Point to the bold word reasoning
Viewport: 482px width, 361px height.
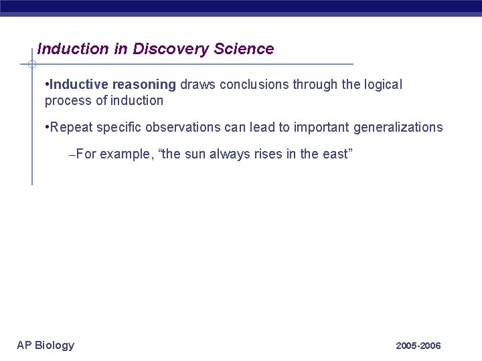(145, 86)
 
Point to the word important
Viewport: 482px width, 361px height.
(323, 127)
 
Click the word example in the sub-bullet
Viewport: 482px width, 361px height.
(125, 154)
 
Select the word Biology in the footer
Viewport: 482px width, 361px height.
(54, 346)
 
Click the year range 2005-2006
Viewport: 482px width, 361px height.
(418, 346)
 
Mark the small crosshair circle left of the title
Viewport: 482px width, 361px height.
(31, 64)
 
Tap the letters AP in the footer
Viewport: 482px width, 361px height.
(24, 345)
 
